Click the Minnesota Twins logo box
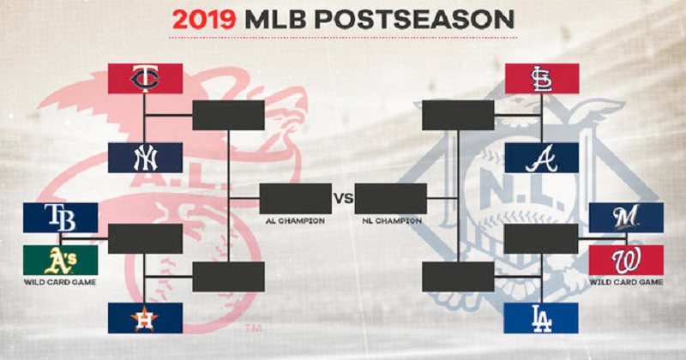(x=145, y=79)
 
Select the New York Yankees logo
(x=145, y=158)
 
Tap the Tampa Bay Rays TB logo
(x=60, y=218)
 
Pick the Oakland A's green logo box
(x=60, y=261)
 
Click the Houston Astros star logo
(x=145, y=318)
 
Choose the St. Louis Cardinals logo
(x=542, y=79)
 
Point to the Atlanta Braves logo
(x=542, y=158)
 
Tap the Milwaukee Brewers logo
(x=626, y=218)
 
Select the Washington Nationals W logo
(x=626, y=261)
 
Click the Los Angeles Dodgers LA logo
(x=541, y=318)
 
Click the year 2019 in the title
(x=204, y=20)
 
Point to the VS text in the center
(x=344, y=199)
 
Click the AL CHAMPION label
(x=295, y=221)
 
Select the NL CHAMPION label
(x=392, y=221)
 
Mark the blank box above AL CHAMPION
(x=296, y=199)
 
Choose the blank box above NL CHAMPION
(x=391, y=199)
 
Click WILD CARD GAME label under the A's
(x=60, y=282)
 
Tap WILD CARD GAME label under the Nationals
(x=626, y=282)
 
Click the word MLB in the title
(x=275, y=20)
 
